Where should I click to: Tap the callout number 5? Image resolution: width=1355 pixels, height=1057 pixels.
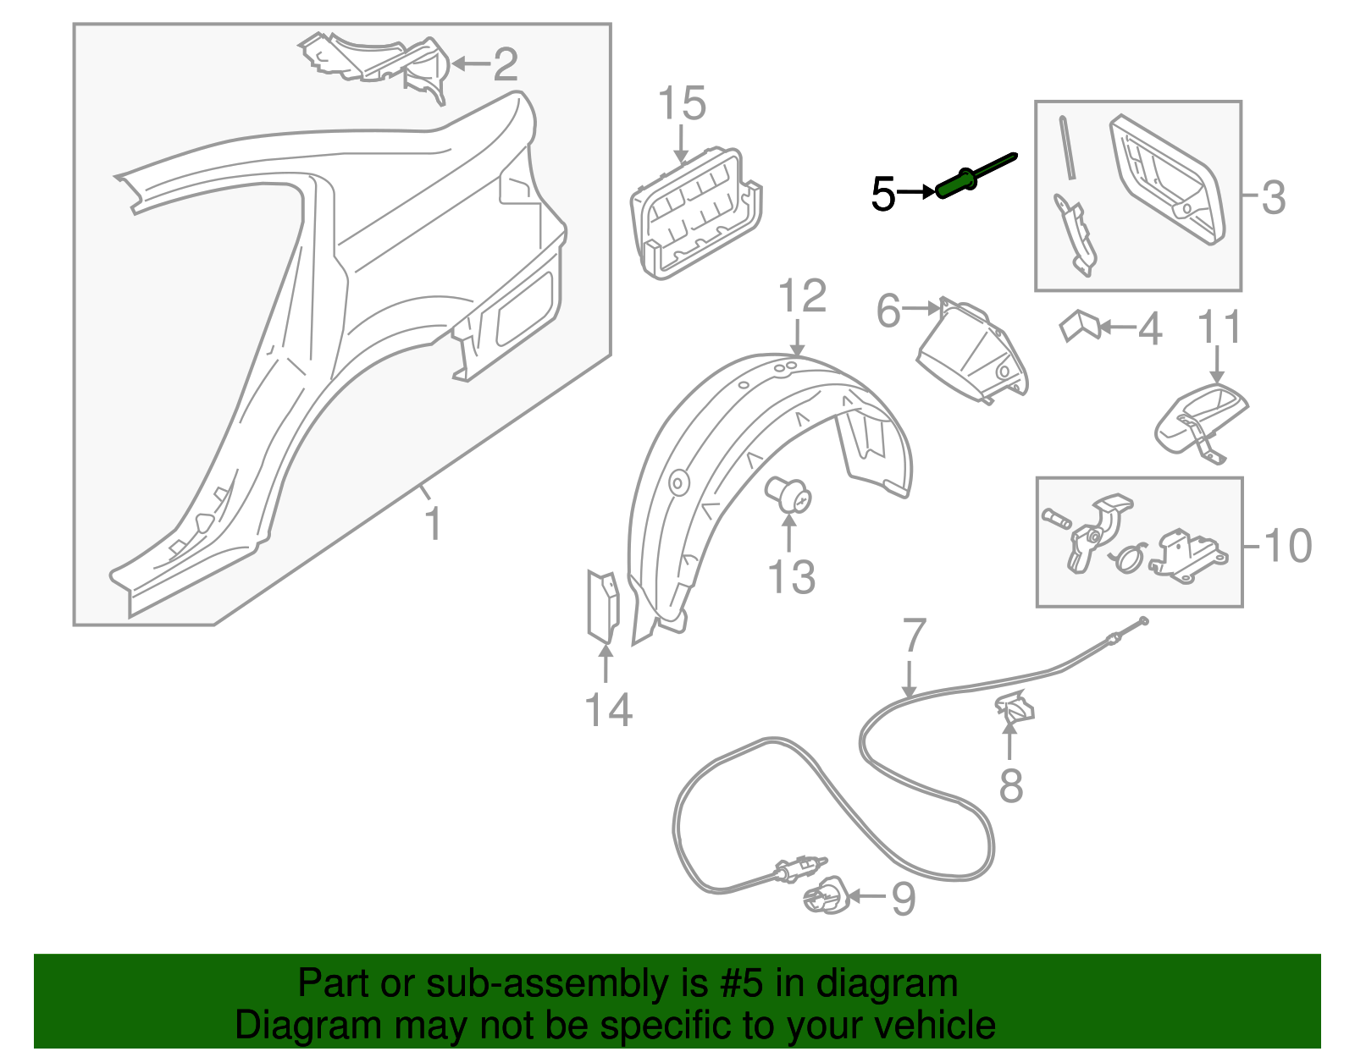[x=882, y=195]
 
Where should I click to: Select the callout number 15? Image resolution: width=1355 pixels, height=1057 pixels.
[x=682, y=104]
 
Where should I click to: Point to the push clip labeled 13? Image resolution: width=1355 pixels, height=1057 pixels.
[x=788, y=496]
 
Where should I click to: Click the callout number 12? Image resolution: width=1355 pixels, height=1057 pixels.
[x=802, y=296]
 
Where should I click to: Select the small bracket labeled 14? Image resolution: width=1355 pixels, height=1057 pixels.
[x=603, y=604]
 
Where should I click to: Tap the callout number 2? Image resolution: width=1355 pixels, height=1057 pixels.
[x=505, y=64]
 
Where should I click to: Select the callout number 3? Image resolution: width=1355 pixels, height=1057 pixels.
[x=1273, y=197]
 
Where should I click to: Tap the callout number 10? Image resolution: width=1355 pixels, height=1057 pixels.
[x=1287, y=546]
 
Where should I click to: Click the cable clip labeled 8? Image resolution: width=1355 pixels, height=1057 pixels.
[x=1015, y=707]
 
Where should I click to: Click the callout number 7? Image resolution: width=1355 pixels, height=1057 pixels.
[x=915, y=636]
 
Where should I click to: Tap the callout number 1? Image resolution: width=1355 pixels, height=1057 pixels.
[x=433, y=525]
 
